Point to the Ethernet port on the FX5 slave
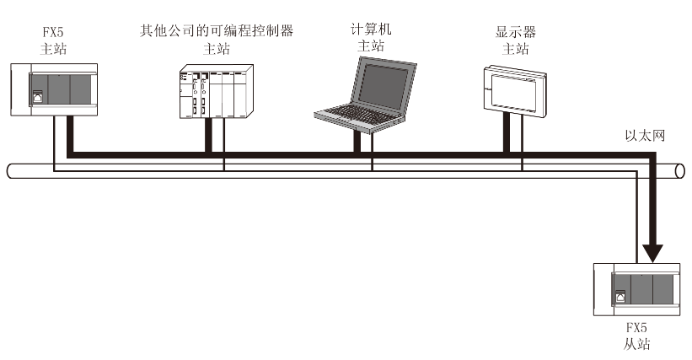[x=621, y=297]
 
